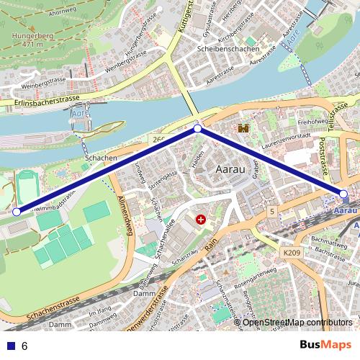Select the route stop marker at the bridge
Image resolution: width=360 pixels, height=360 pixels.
click(198, 129)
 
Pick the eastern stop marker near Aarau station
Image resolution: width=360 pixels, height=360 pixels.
click(343, 194)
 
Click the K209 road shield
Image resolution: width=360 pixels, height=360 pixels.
click(292, 253)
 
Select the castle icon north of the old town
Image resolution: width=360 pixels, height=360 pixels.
click(243, 128)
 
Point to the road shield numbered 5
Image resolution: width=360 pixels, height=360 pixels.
click(271, 212)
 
